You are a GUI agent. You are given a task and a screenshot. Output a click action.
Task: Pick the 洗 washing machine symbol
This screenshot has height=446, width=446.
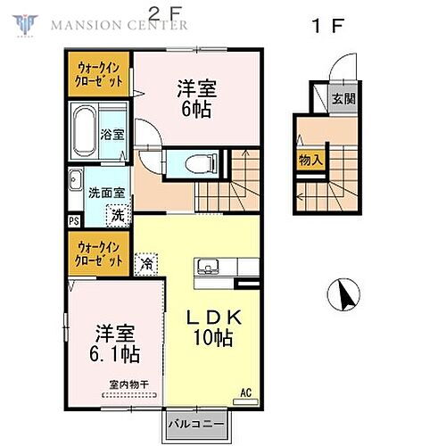(116, 214)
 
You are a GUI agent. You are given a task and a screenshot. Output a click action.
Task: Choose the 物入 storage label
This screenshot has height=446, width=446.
(310, 161)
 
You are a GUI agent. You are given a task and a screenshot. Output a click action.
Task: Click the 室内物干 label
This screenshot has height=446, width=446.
(124, 385)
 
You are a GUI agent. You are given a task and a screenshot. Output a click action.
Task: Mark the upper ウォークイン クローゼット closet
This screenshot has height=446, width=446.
(100, 72)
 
